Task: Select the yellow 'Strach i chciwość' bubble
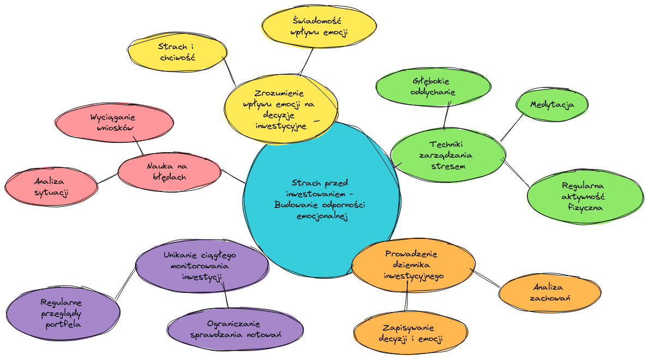(x=177, y=52)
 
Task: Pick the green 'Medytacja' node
(x=552, y=104)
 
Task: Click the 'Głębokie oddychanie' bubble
(x=434, y=87)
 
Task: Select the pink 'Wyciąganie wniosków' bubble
(x=115, y=122)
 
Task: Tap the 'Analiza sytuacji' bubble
(x=51, y=187)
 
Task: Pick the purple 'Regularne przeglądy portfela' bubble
(x=63, y=313)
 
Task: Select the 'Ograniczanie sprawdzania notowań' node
(x=236, y=329)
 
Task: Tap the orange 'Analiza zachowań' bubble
(x=550, y=292)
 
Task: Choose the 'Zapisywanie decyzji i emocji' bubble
(x=410, y=333)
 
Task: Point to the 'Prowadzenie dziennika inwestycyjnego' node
(x=413, y=265)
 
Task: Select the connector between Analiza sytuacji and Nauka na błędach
(x=107, y=178)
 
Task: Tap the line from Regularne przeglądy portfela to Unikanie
(x=126, y=282)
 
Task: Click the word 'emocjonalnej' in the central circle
(x=322, y=217)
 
